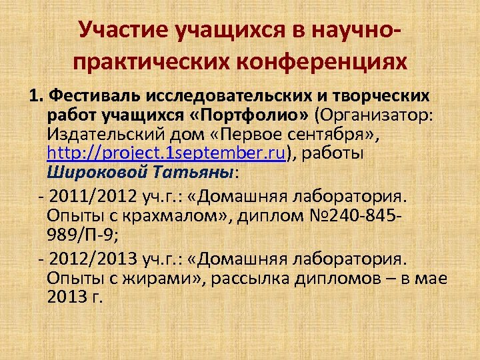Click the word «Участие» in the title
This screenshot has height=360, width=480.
click(x=122, y=29)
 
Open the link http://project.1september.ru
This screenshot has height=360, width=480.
click(x=166, y=155)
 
